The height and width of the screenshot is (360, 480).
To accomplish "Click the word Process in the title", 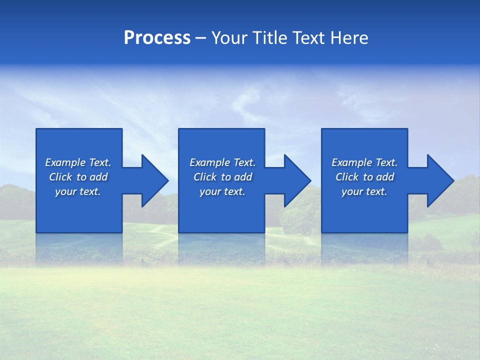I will coord(157,38).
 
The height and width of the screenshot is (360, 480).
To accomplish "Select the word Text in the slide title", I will coord(309,38).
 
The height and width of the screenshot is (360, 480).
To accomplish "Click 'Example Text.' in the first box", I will coord(78,162).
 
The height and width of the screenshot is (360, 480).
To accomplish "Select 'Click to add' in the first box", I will coord(78,177).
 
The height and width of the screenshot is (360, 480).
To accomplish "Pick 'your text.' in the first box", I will coord(78,191).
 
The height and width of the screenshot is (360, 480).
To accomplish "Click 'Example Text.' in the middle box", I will coord(222,162).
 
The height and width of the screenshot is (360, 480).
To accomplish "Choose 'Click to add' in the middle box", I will coord(222,177).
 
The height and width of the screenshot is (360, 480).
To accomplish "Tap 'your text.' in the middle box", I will coord(222,191).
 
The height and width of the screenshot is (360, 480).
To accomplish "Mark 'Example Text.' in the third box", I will coord(364,162).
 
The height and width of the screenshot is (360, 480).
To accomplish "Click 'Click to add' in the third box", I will coord(364,177).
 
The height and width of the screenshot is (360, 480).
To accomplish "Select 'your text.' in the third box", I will coord(364,191).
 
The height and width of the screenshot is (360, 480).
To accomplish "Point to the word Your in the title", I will coord(229,38).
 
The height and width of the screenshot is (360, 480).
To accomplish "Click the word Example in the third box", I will coord(352,162).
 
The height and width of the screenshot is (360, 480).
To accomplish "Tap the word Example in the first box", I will coord(65,162).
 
